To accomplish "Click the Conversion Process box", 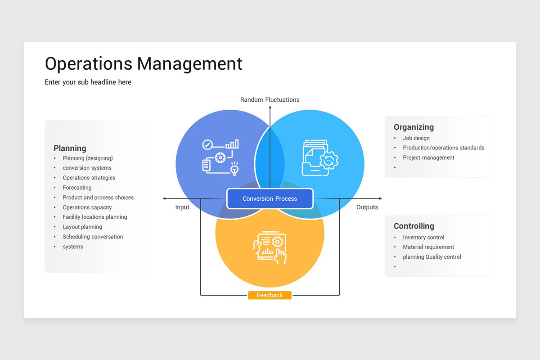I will (270, 198).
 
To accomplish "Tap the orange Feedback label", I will (270, 295).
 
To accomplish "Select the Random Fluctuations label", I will (270, 100).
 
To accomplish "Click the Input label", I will (182, 207).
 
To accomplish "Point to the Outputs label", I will (367, 207).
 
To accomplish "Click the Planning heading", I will (70, 148).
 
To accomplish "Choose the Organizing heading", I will (414, 127).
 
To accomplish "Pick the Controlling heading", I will (414, 226).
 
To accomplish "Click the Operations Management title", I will (144, 63).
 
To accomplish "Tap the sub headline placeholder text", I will (88, 82).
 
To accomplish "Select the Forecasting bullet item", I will (77, 188).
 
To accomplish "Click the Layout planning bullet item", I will (82, 227).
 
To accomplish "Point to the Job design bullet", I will (416, 138).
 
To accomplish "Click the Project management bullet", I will (428, 157).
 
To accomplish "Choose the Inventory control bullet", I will (423, 237).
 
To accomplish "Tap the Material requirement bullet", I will (428, 247).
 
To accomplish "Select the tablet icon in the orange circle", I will (270, 248).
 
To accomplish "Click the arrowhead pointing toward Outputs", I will (380, 198).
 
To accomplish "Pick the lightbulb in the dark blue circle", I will (234, 170).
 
